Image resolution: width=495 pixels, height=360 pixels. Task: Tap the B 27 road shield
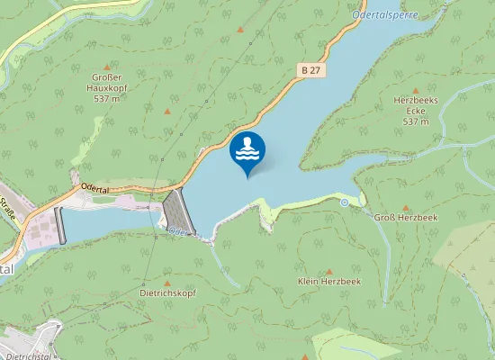(311, 69)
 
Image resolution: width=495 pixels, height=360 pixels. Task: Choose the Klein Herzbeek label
(328, 282)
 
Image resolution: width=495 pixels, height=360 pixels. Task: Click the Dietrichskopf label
(166, 292)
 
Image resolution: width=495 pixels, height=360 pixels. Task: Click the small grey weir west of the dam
(60, 225)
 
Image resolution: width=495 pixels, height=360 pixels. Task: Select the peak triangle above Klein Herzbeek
(328, 270)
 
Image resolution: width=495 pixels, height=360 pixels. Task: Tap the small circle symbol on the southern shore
(344, 202)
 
